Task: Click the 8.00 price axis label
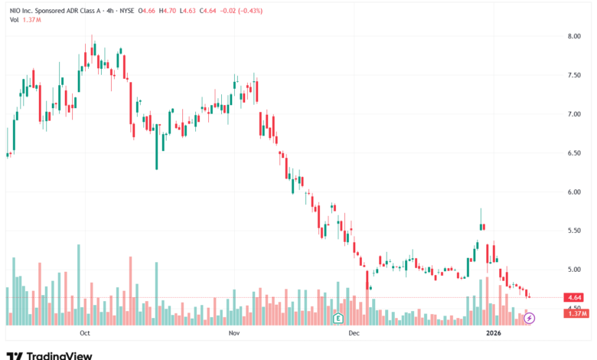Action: (x=574, y=36)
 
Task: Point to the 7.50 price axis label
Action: (x=574, y=75)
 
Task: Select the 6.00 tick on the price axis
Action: (x=574, y=192)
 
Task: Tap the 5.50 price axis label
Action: (x=574, y=231)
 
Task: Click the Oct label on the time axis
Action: (x=84, y=333)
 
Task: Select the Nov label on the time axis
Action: (x=234, y=333)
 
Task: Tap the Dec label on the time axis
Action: (x=354, y=333)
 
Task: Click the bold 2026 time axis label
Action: (x=494, y=333)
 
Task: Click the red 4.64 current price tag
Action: (x=575, y=297)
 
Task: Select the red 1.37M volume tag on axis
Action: (x=576, y=313)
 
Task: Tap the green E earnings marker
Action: (x=338, y=318)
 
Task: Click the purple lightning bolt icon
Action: (x=529, y=318)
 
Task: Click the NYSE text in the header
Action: (x=127, y=11)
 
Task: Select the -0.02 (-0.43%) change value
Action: (x=242, y=11)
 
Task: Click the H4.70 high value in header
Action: (x=167, y=11)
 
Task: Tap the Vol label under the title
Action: (x=14, y=20)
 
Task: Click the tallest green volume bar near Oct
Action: (x=79, y=285)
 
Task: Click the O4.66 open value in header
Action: (x=147, y=11)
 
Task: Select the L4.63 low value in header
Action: (x=188, y=11)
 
